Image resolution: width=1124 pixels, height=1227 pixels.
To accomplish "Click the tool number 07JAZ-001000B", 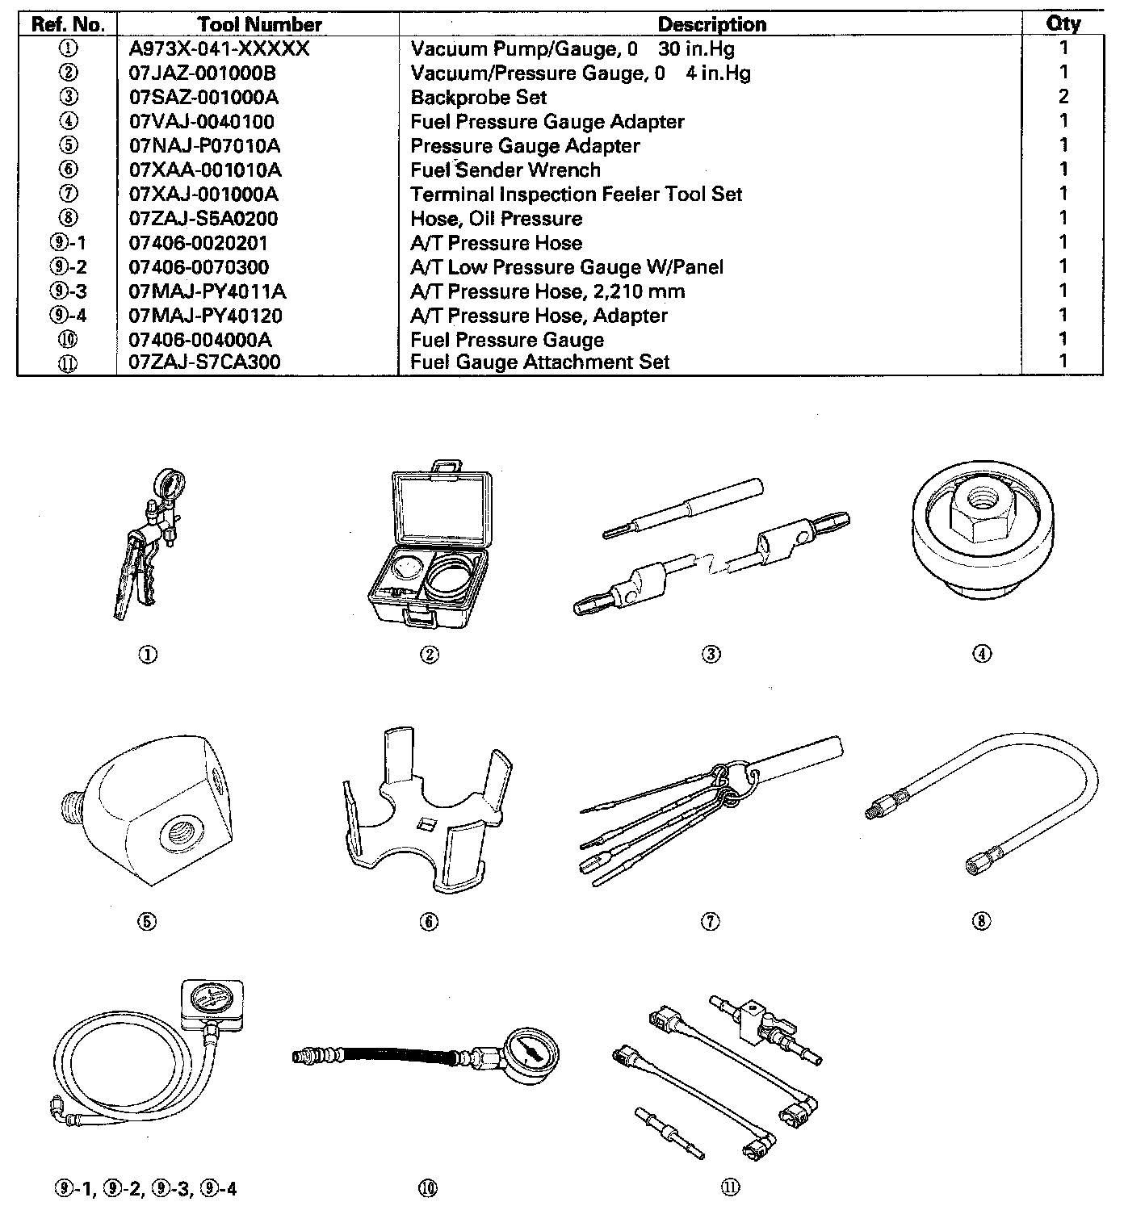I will pos(203,73).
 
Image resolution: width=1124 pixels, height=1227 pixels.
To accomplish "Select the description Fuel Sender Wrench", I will pos(505,170).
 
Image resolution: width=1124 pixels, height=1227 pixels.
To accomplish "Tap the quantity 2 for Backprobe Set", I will pos(1063,97).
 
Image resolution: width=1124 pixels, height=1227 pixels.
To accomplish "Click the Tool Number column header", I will pos(259,24).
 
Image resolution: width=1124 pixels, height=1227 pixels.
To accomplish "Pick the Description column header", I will pos(711,24).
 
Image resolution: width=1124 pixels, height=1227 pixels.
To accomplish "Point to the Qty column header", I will pos(1063,24).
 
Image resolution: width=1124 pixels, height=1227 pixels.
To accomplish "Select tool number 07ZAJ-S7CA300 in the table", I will pos(205,362).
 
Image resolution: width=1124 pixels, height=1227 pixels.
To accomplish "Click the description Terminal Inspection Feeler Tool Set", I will pos(576,195).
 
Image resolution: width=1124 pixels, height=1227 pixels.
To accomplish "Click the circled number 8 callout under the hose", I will pos(981,921).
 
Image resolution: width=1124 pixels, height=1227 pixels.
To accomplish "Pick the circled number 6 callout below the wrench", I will pos(429,921).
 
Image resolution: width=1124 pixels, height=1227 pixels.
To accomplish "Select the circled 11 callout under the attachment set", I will pos(731,1188).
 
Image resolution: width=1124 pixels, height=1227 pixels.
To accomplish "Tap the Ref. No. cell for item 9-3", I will pos(68,291).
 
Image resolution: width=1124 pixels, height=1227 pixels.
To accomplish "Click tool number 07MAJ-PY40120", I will pos(206,316).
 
